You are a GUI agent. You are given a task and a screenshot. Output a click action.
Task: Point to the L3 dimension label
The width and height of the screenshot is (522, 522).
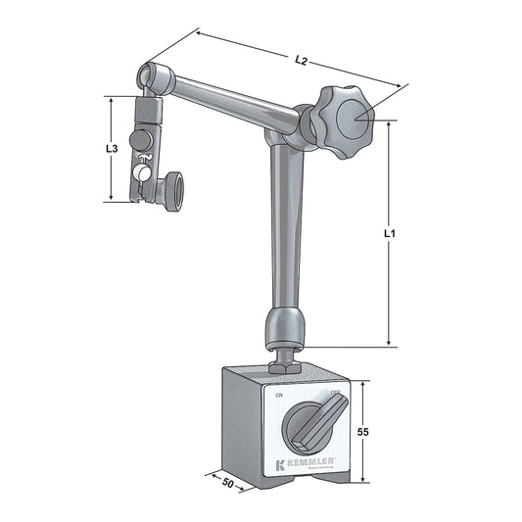tap(112, 149)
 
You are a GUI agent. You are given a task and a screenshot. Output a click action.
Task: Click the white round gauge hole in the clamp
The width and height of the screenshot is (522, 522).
tap(144, 173)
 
